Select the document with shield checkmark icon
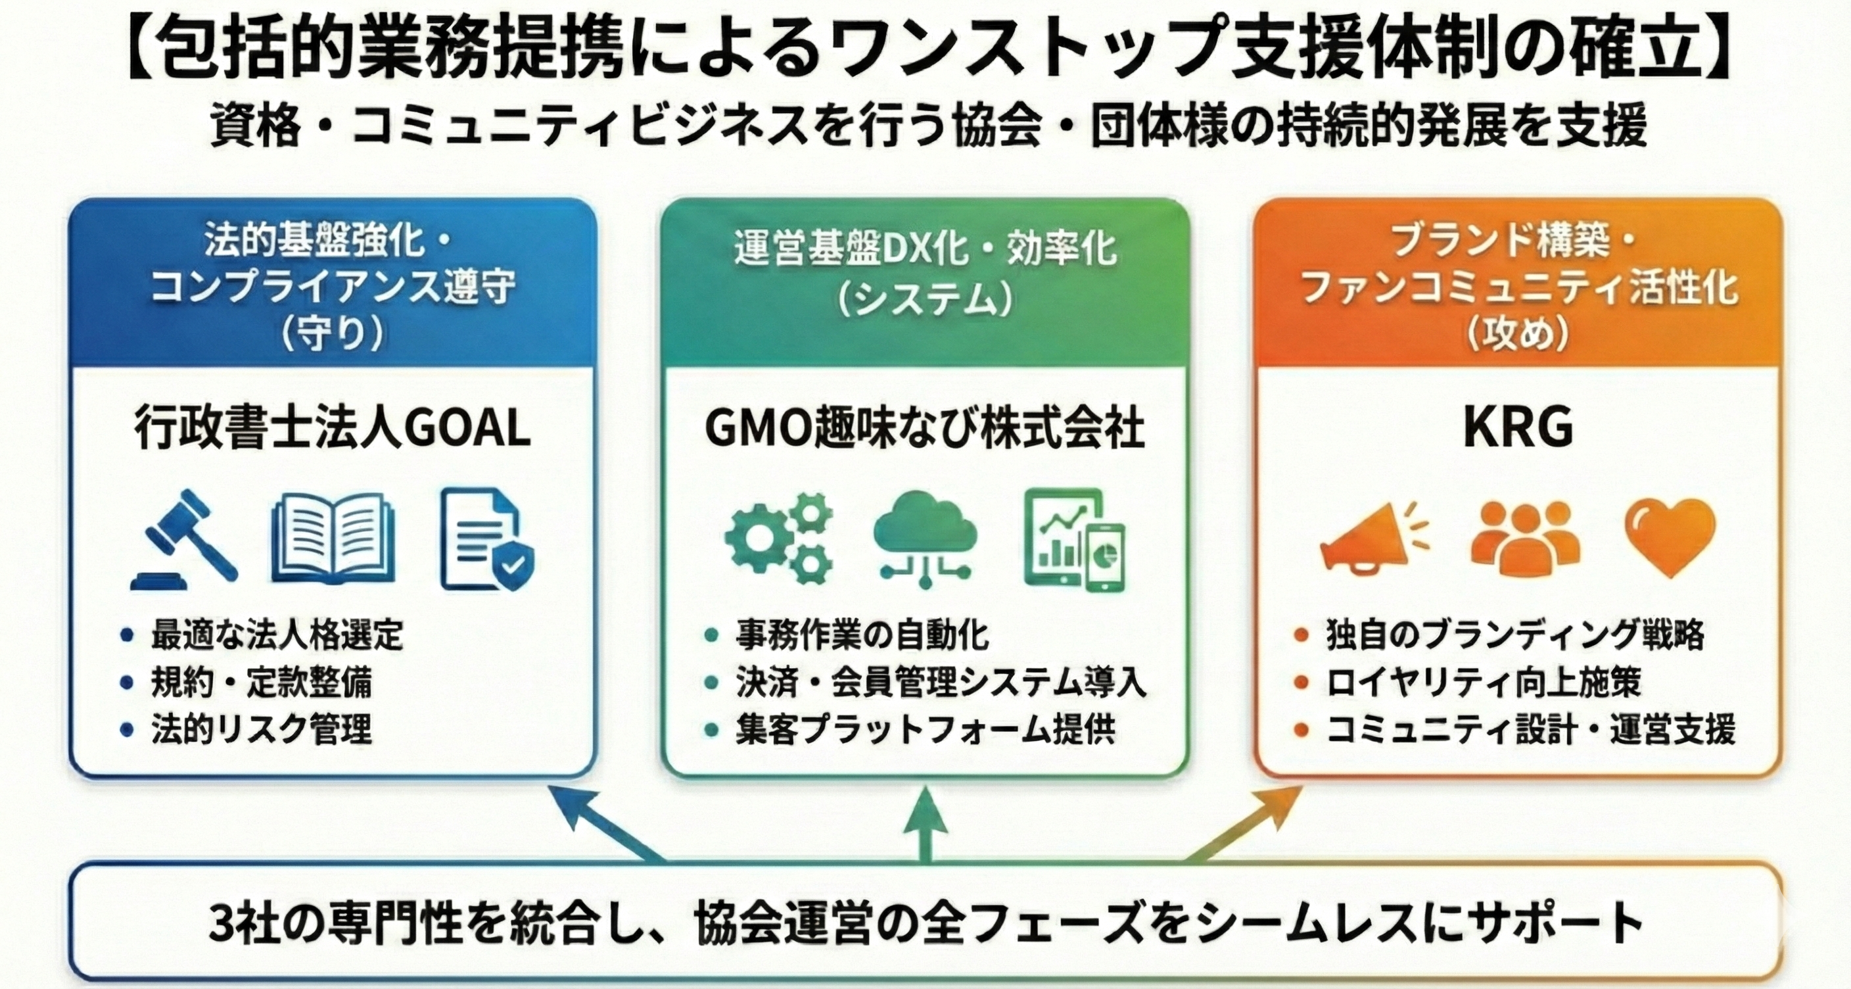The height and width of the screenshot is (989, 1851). click(487, 539)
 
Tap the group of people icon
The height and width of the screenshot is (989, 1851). click(1525, 539)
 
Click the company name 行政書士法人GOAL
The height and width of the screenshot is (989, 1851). click(333, 429)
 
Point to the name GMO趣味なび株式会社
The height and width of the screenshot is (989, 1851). click(925, 429)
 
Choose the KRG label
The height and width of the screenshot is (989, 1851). click(1518, 429)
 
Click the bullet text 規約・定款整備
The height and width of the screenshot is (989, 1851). click(262, 683)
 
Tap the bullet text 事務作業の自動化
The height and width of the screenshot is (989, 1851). click(862, 635)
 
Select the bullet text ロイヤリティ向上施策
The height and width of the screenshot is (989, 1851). click(1484, 683)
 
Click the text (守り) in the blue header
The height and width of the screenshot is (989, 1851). click(333, 334)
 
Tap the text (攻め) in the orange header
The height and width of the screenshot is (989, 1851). click(1518, 334)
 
